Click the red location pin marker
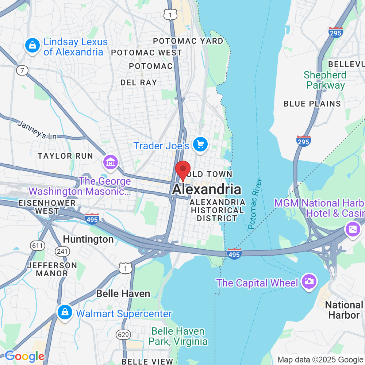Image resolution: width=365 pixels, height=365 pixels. coord(183,170)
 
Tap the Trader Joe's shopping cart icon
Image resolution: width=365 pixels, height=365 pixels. coord(200,145)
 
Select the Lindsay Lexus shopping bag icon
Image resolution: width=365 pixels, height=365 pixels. coord(32,46)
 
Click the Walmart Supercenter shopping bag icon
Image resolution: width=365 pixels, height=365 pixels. coord(65,312)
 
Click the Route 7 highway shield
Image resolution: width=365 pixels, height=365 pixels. coord(22,70)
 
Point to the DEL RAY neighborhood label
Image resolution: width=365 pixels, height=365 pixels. coord(139,83)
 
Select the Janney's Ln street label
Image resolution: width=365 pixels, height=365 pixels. coord(37,130)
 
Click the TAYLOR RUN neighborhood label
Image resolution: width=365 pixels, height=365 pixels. coord(65,156)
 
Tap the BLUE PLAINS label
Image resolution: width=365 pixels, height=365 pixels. coord(312,104)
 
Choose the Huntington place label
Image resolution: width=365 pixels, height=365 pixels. coord(88,239)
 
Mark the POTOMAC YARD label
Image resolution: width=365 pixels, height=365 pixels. coord(188,41)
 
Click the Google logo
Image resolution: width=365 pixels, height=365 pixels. coord(24,356)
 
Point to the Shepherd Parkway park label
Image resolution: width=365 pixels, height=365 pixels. coord(325,80)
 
